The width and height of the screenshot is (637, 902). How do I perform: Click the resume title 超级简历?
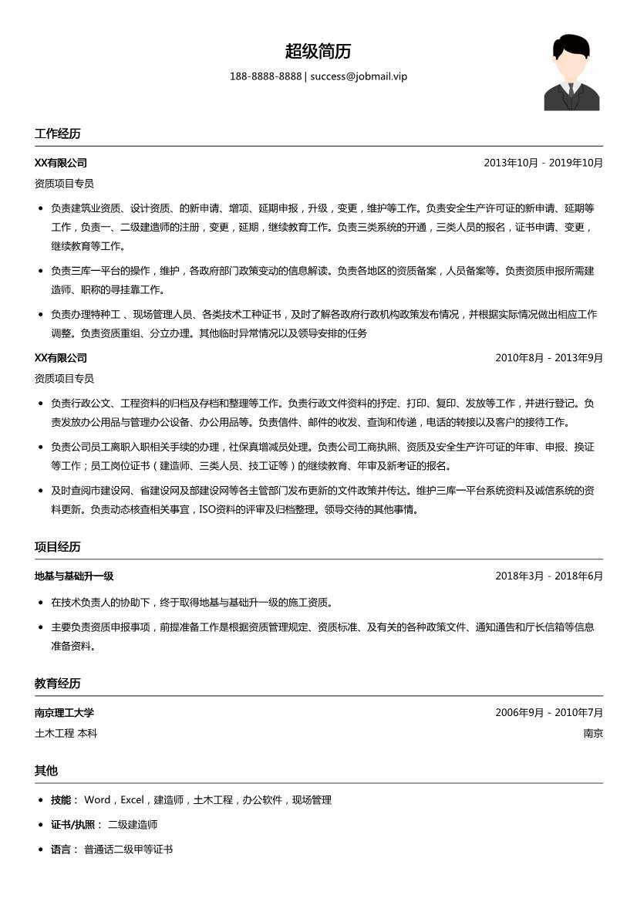click(x=318, y=52)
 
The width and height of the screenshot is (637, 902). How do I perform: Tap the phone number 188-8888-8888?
click(x=265, y=76)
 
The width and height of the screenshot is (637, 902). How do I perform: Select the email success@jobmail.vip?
click(x=359, y=76)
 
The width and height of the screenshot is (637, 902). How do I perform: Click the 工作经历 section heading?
click(x=57, y=133)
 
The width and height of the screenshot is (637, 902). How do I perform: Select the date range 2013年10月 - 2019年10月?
click(x=543, y=163)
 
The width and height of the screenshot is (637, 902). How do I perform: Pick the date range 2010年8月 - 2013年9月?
click(x=548, y=358)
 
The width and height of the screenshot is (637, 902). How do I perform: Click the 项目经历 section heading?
click(x=57, y=547)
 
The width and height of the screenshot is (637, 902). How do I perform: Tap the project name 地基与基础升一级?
click(x=74, y=576)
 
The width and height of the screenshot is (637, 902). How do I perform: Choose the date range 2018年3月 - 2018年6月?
click(x=548, y=576)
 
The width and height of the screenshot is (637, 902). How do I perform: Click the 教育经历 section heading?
click(x=57, y=684)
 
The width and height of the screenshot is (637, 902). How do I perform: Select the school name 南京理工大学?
click(x=64, y=713)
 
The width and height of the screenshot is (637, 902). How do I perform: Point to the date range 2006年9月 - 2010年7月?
click(x=548, y=713)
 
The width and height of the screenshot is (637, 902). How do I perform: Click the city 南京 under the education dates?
click(x=593, y=733)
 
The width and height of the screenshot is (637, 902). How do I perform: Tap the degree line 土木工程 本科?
click(x=66, y=733)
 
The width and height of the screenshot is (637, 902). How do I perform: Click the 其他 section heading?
click(x=45, y=771)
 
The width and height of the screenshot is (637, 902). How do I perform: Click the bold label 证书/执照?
click(x=72, y=825)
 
